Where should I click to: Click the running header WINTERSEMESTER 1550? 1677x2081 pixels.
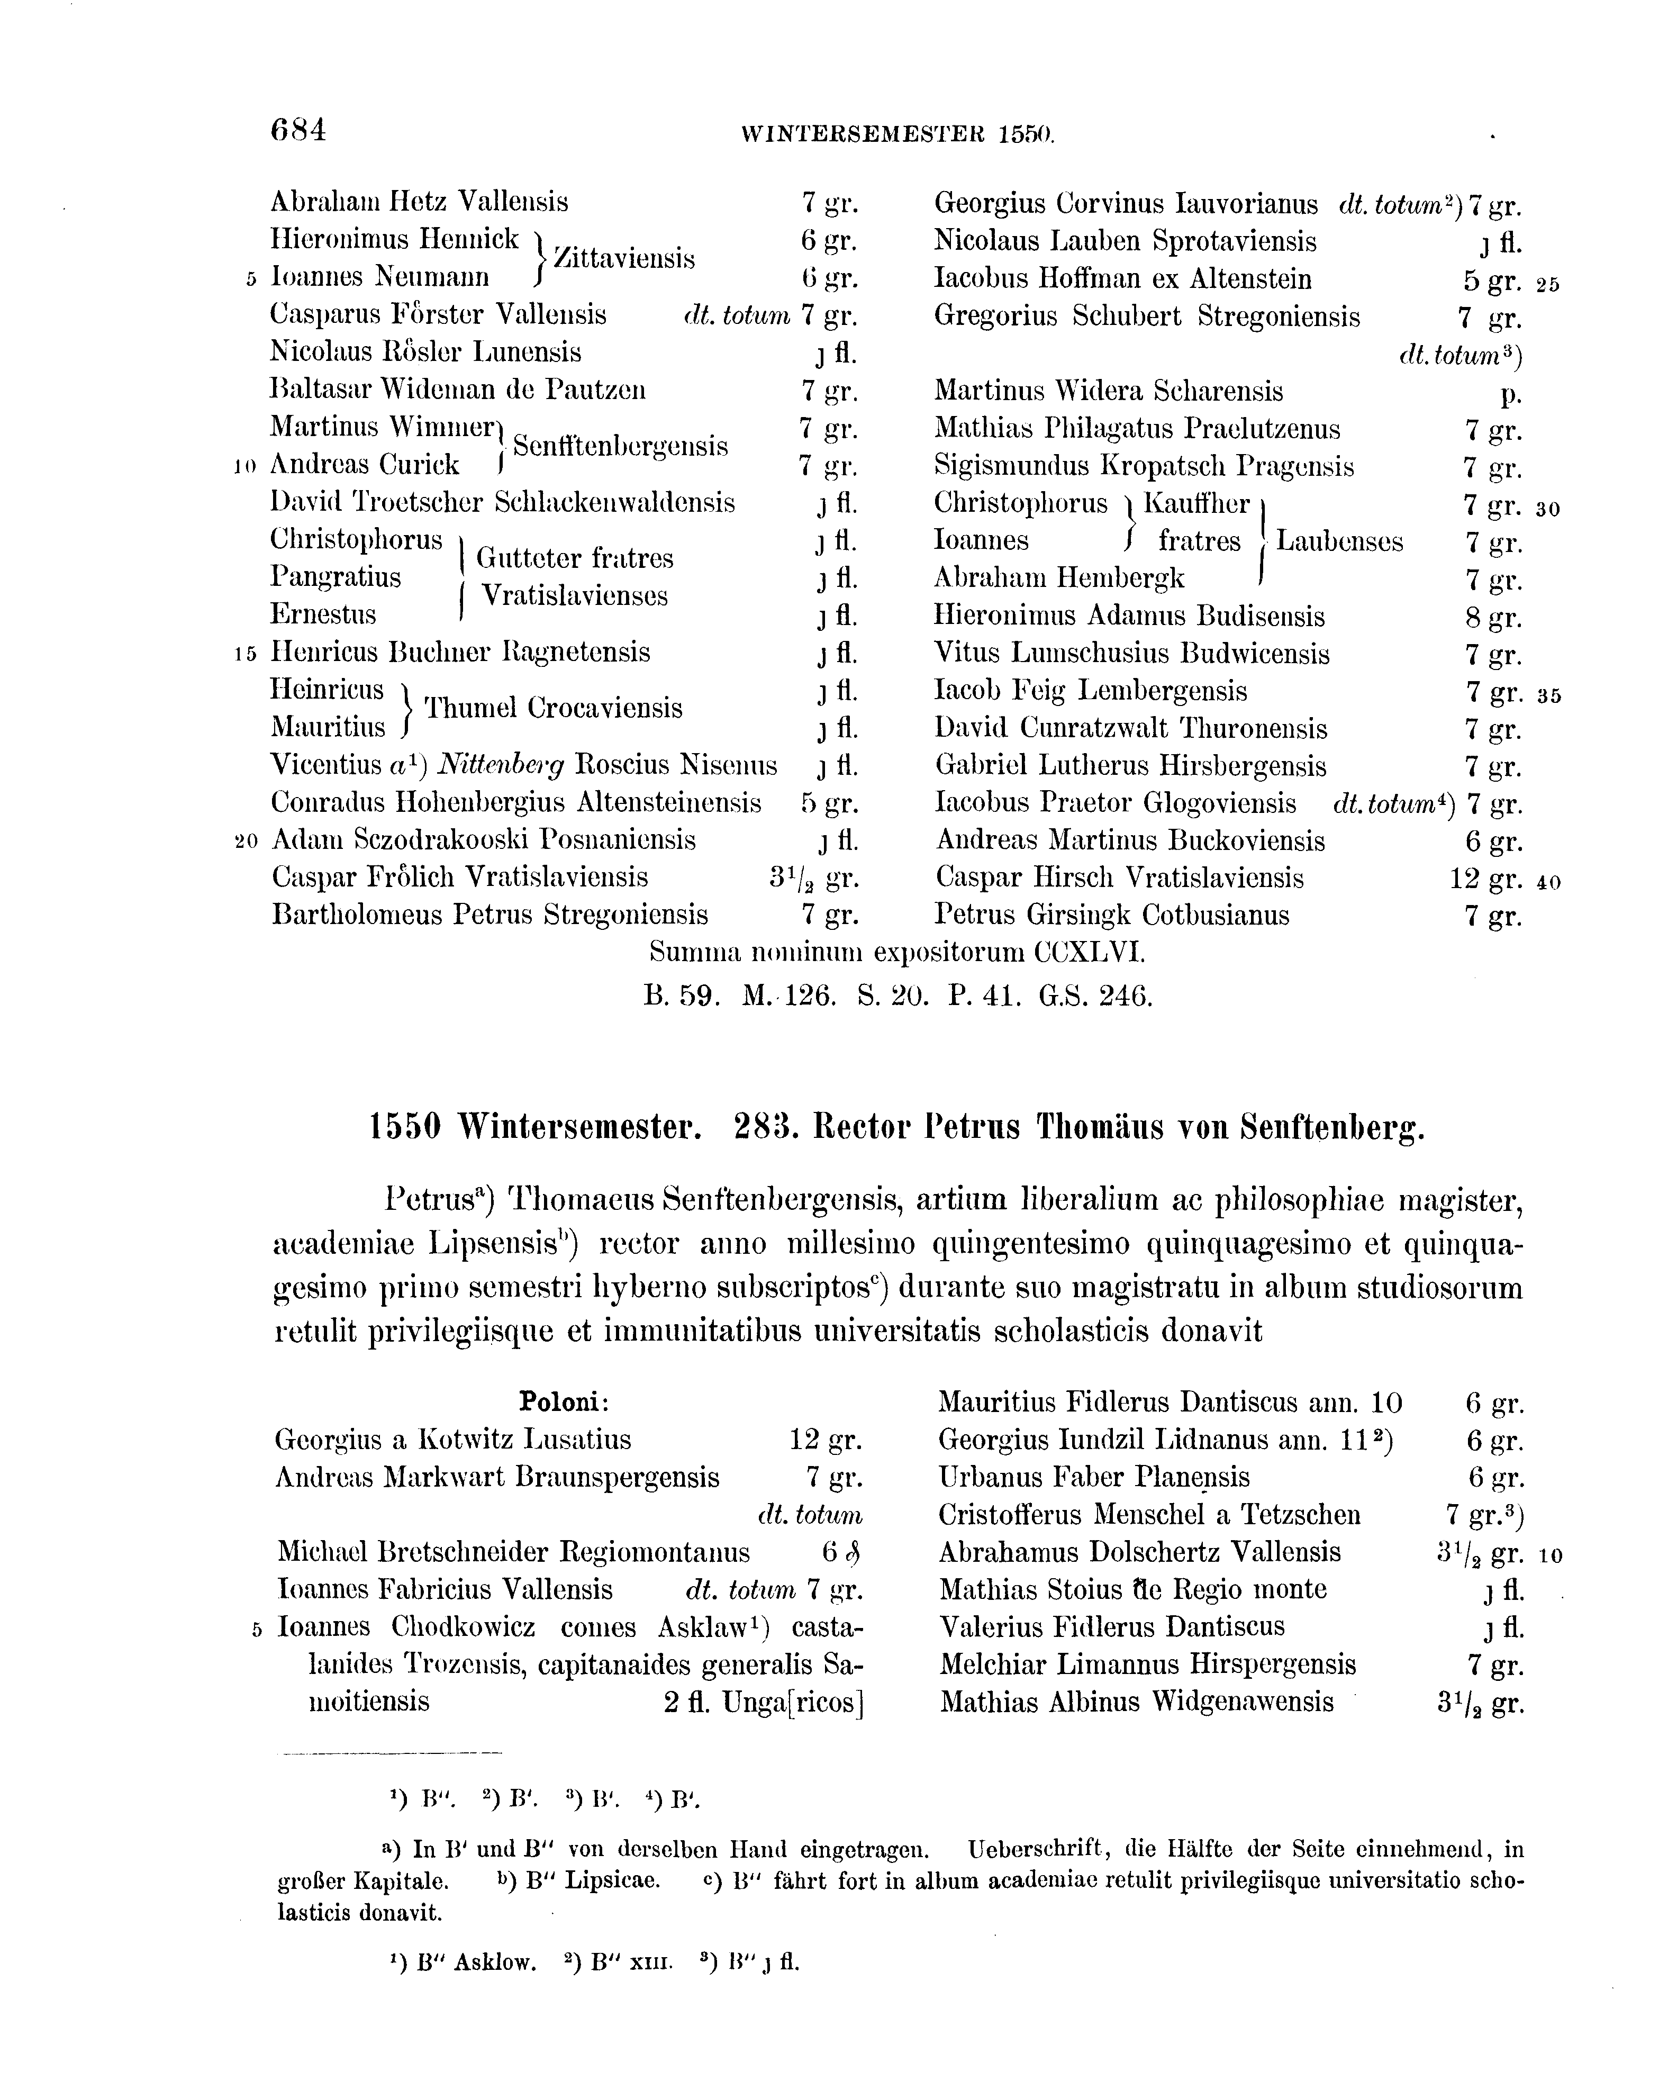pyautogui.click(x=899, y=135)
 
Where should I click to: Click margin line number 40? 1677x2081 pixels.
pyautogui.click(x=1548, y=882)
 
